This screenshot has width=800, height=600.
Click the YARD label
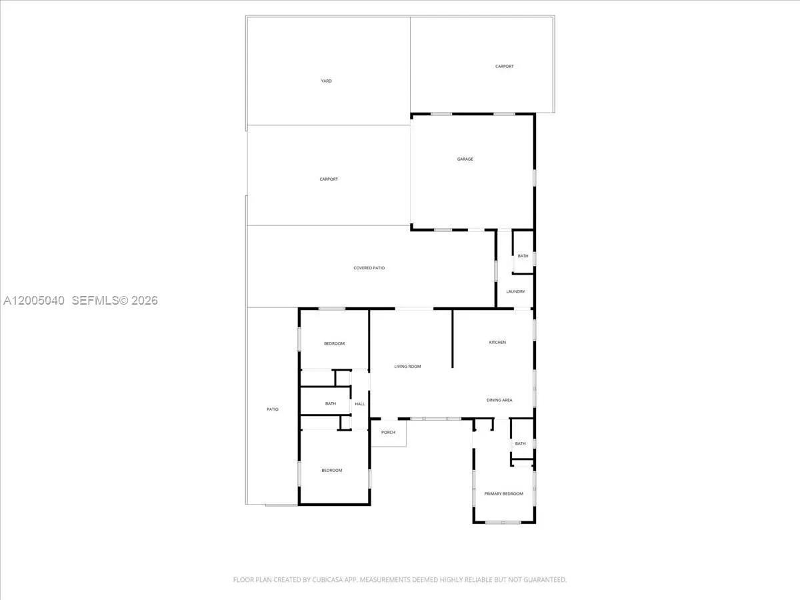[x=326, y=81]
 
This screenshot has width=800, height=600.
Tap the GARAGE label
[x=465, y=159]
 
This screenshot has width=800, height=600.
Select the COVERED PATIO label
[x=369, y=268]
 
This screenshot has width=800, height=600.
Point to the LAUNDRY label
[x=515, y=291]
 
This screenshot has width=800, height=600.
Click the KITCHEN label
[x=497, y=343]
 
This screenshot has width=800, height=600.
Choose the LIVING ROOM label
[x=407, y=367]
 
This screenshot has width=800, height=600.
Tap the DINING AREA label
[x=499, y=400]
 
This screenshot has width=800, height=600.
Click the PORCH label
[x=388, y=433]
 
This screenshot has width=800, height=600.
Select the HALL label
[x=360, y=403]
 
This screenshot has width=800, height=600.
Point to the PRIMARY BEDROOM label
[x=503, y=493]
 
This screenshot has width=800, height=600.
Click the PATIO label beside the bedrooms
[x=272, y=409]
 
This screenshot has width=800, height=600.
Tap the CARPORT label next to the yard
[x=505, y=66]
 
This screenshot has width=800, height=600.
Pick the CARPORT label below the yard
[x=329, y=179]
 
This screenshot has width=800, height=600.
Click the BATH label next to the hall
[x=331, y=403]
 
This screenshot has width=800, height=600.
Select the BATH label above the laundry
[x=523, y=256]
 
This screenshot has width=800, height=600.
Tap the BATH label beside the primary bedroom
[x=520, y=444]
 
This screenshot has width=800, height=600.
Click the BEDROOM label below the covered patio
[x=334, y=343]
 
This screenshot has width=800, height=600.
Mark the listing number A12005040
[x=34, y=301]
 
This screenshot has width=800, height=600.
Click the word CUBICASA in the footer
[x=326, y=579]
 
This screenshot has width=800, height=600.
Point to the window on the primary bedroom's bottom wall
[x=503, y=523]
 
